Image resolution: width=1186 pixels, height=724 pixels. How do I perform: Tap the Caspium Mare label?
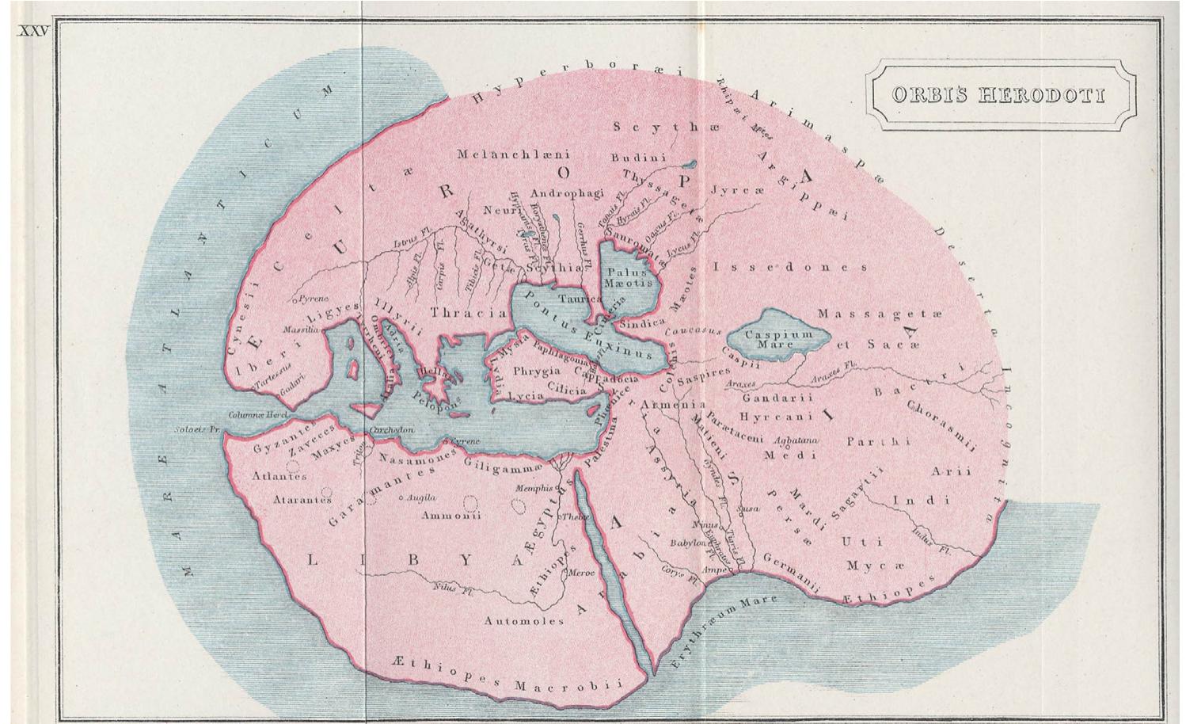pos(779,340)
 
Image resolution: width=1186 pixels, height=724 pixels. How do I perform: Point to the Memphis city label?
pos(534,489)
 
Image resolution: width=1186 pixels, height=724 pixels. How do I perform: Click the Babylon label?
pos(686,544)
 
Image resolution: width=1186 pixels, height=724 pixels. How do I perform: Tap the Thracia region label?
pos(469,313)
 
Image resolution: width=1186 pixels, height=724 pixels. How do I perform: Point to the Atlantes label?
pos(279,477)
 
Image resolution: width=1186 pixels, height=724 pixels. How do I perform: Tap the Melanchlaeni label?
pos(513,154)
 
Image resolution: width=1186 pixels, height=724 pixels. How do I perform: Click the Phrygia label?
pos(537,371)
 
